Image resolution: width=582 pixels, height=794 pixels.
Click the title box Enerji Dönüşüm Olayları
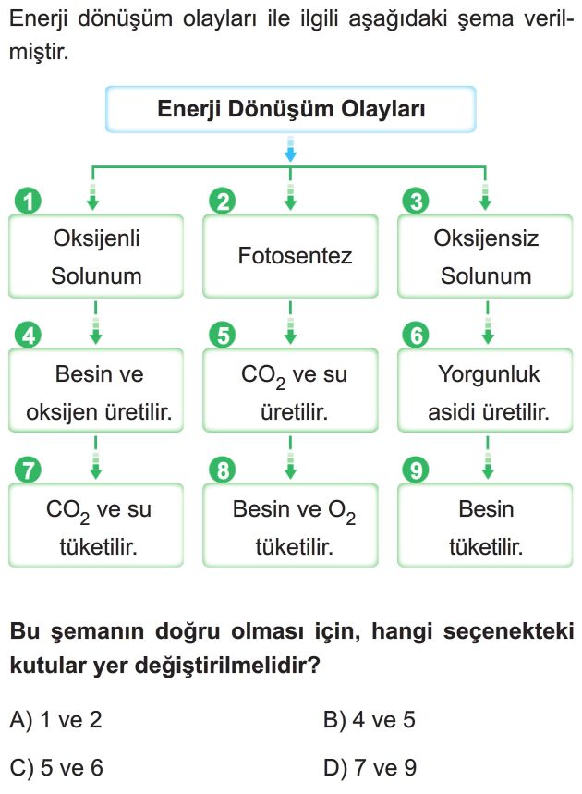click(290, 109)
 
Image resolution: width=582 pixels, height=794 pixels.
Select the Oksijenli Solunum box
click(96, 256)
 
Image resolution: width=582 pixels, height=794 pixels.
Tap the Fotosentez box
click(290, 256)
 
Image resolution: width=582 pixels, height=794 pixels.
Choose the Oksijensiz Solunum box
click(485, 256)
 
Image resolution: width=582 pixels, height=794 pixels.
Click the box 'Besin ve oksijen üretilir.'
click(96, 390)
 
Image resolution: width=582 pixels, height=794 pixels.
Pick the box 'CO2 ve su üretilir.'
click(290, 390)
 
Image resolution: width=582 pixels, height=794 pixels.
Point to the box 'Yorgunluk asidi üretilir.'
click(485, 390)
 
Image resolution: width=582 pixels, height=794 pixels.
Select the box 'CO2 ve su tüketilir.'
click(96, 525)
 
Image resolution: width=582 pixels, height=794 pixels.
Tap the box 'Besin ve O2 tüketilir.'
click(290, 525)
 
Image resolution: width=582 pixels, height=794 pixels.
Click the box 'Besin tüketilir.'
click(485, 525)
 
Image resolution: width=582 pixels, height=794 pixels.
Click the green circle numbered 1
click(29, 201)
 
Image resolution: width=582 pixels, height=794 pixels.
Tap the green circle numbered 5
click(223, 336)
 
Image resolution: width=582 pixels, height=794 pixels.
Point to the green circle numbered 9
click(416, 470)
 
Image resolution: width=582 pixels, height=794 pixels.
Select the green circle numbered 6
click(416, 336)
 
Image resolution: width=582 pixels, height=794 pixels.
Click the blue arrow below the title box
click(290, 149)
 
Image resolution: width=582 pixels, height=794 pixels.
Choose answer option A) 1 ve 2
click(56, 719)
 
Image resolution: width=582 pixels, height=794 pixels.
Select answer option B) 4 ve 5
click(370, 719)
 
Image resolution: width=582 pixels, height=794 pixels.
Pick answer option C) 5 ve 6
click(56, 768)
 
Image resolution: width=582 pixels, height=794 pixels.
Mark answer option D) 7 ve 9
click(370, 768)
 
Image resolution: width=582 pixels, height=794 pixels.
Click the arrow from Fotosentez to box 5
click(290, 324)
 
